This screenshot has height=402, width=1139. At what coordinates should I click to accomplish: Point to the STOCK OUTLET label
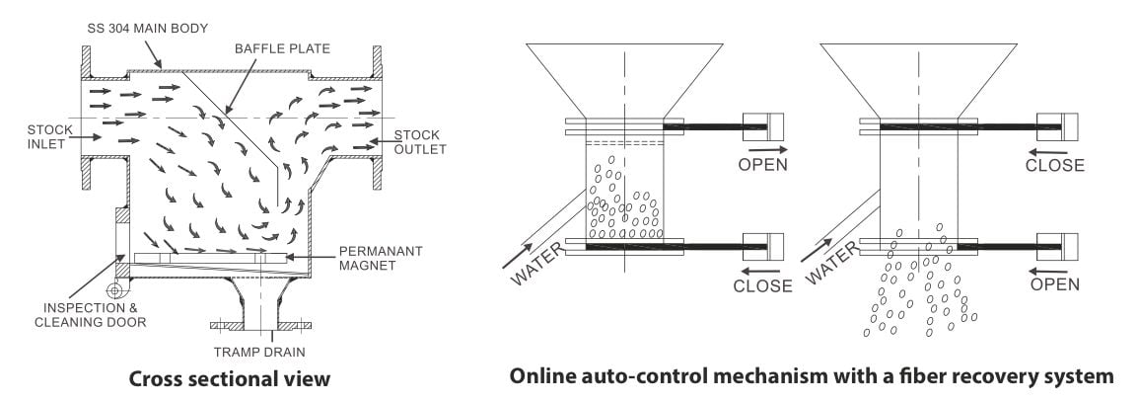[420, 142]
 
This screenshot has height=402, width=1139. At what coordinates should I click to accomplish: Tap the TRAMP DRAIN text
[260, 351]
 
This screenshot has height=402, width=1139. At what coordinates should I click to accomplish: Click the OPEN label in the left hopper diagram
[762, 164]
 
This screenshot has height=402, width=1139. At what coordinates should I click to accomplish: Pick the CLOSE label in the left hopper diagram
[762, 286]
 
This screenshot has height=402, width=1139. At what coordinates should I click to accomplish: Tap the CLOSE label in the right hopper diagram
[1054, 165]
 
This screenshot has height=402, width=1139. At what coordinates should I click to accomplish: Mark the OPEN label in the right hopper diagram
[1054, 284]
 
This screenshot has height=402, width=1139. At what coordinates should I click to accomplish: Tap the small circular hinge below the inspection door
[111, 290]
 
